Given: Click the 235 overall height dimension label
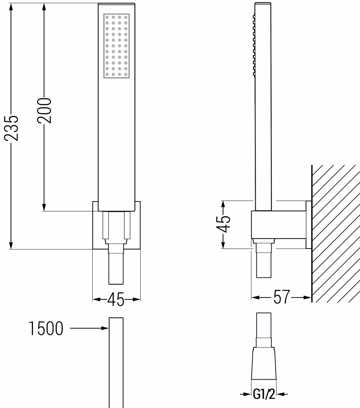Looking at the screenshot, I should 11,128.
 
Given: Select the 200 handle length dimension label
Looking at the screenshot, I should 44,111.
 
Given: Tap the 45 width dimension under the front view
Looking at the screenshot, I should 116,300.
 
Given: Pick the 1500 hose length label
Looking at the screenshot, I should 46,329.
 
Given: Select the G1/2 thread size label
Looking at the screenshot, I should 264,394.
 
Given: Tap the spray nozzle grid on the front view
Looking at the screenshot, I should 116,46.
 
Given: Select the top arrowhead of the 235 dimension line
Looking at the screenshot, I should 11,7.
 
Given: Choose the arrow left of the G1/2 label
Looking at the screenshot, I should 245,394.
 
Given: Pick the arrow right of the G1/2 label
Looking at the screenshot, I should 283,394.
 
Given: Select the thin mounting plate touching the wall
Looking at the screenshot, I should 309,225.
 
